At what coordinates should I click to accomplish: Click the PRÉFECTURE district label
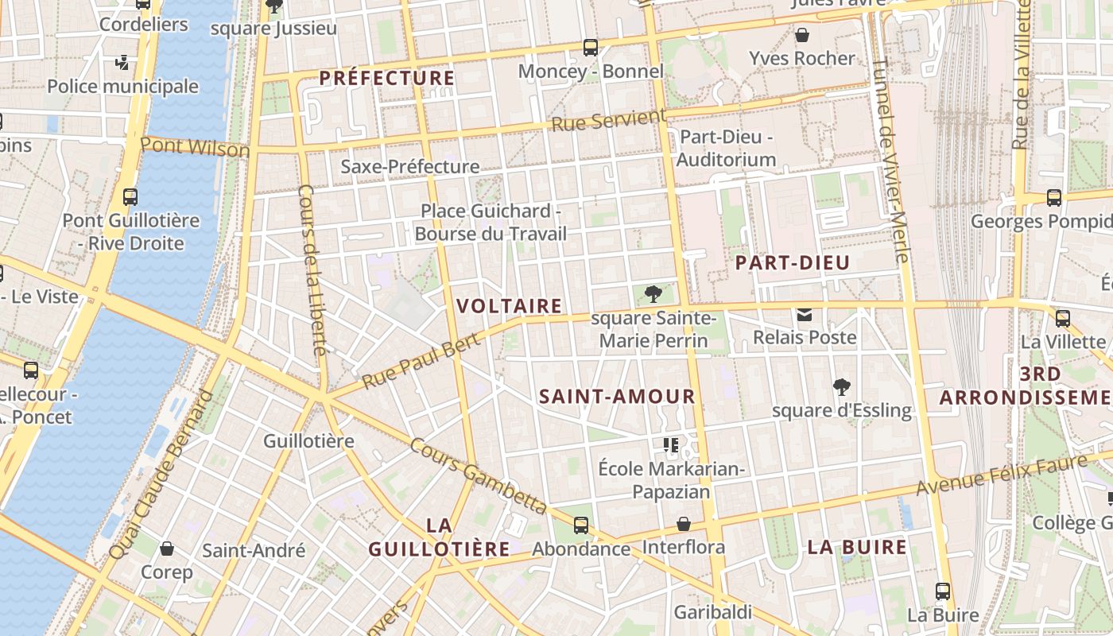387,78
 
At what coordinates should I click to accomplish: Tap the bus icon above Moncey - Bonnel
590,48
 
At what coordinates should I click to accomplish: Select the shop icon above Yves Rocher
802,35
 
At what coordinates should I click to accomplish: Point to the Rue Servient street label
608,122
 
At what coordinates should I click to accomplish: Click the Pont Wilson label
195,147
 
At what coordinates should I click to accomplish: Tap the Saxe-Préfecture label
409,167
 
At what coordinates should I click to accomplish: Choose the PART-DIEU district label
793,263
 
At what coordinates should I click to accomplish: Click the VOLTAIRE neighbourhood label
510,306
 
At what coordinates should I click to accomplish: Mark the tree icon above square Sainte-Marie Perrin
653,295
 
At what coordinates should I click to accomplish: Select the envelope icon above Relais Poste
805,315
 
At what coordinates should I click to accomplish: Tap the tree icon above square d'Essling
842,388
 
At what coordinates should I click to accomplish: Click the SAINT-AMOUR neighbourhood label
617,397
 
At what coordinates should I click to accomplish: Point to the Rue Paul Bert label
421,361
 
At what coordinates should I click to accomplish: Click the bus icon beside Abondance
581,525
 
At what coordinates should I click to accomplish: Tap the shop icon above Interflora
683,525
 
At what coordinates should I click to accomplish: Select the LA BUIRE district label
857,548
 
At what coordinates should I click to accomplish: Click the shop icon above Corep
167,549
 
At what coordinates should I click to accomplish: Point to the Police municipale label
122,86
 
